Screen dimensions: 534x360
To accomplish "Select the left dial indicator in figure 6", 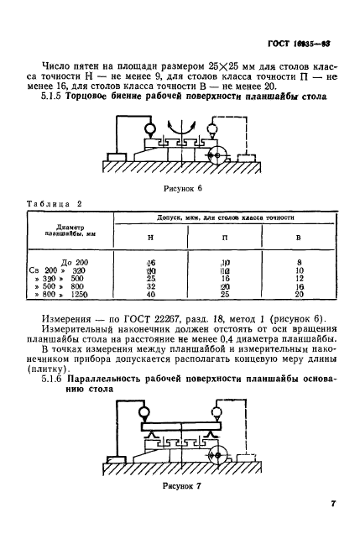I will [x=150, y=130].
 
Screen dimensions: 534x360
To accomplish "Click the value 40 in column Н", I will [x=151, y=295].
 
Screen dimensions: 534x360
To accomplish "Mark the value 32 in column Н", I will [x=151, y=286].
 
